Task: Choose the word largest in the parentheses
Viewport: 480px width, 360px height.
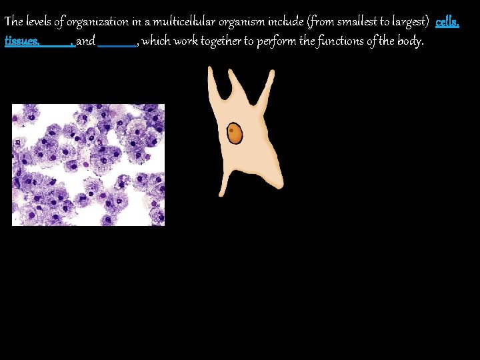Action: pos(406,23)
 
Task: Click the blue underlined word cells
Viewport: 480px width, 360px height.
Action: pos(447,22)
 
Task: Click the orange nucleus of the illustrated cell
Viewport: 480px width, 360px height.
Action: pos(235,133)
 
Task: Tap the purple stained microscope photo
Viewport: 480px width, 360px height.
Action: pos(88,165)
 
